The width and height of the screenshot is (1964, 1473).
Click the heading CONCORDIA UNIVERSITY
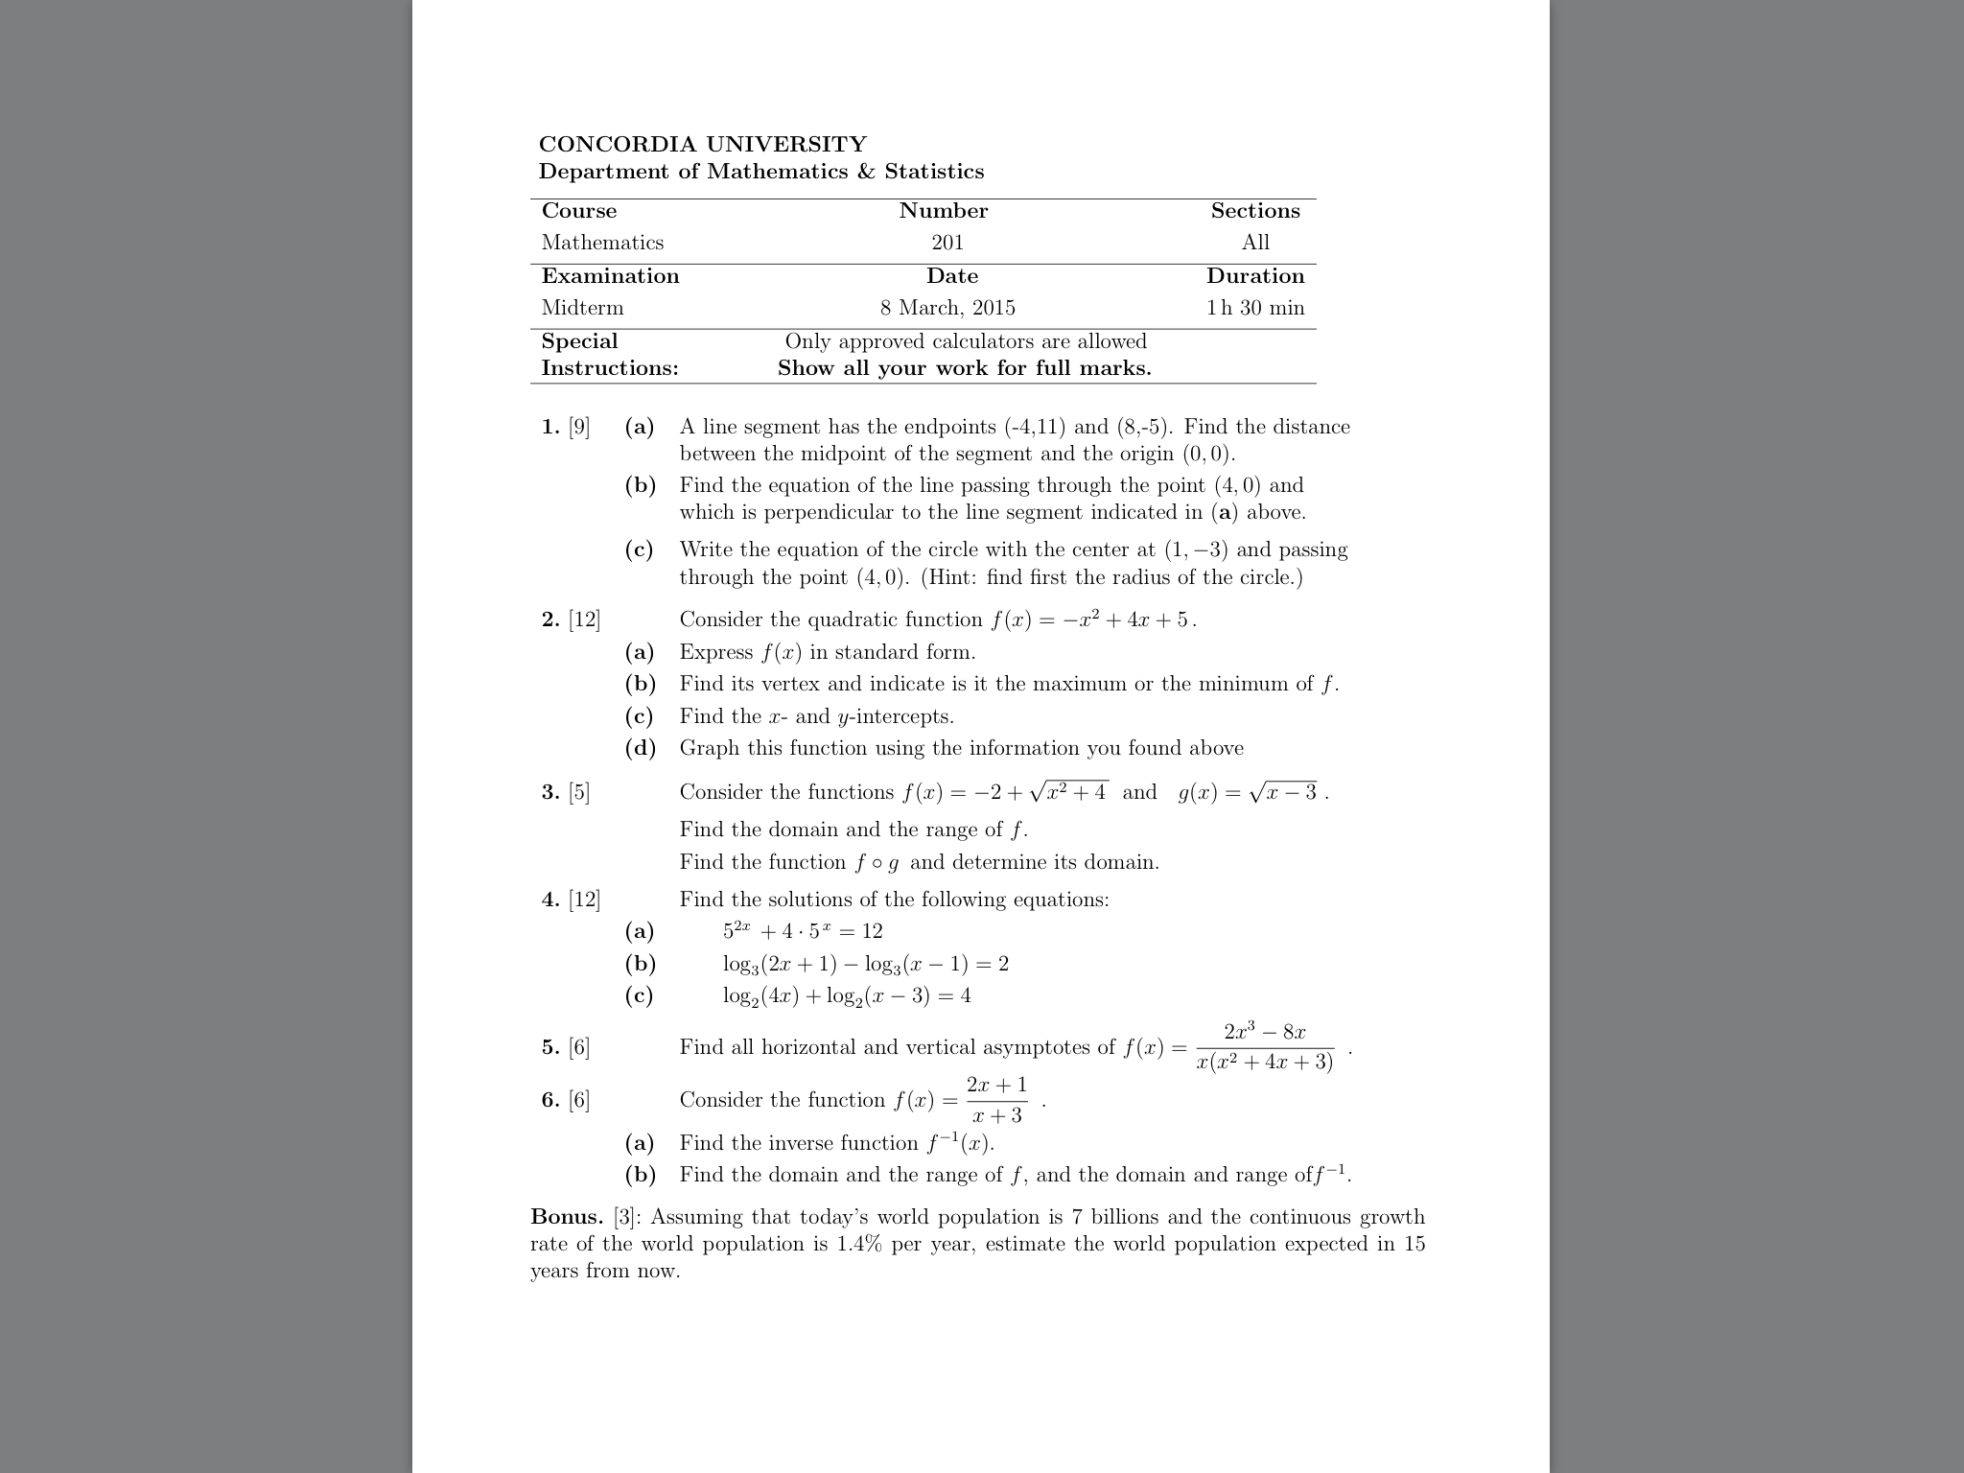click(x=702, y=145)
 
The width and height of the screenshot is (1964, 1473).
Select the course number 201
click(x=947, y=243)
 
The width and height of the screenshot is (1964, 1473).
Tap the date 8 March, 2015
click(x=947, y=308)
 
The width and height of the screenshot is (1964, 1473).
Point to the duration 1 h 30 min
click(x=1255, y=308)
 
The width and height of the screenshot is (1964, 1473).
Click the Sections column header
click(x=1255, y=211)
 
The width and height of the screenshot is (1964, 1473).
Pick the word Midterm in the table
click(x=582, y=308)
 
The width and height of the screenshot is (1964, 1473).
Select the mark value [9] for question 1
click(x=579, y=427)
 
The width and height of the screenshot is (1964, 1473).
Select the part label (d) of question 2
click(x=640, y=748)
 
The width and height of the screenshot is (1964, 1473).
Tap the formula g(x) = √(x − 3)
click(x=1250, y=793)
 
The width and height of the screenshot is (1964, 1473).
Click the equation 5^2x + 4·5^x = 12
click(x=803, y=931)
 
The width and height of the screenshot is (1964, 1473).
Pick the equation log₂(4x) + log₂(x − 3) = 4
click(x=847, y=996)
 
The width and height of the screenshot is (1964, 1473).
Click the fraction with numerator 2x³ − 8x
click(x=1265, y=1047)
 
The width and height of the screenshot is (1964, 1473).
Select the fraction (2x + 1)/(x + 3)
click(x=996, y=1100)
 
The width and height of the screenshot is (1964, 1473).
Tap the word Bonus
click(x=566, y=1218)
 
